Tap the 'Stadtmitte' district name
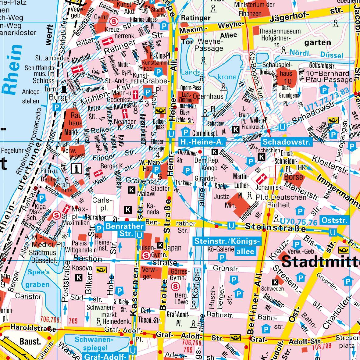click(x=320, y=262)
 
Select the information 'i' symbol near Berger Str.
click(x=77, y=168)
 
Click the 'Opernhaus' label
click(x=211, y=96)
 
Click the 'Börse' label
click(x=293, y=177)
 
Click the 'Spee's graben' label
click(x=38, y=278)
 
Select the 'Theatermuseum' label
click(x=280, y=31)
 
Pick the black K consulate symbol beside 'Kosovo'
click(x=78, y=277)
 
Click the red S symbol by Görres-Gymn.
click(x=175, y=286)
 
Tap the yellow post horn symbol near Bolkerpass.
click(x=160, y=111)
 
